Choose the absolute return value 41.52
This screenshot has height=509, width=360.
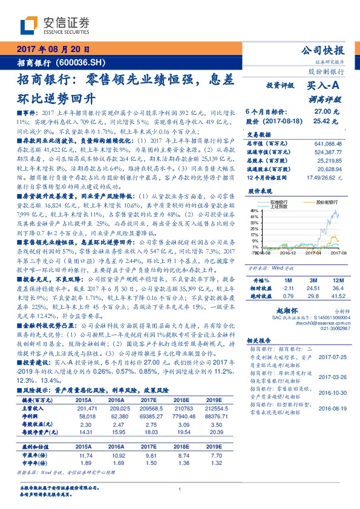(x=336, y=296)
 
